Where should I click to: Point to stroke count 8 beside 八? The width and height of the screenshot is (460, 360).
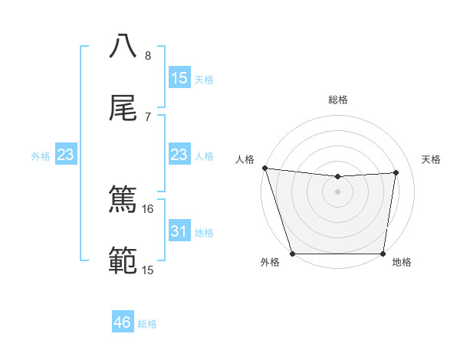(148, 56)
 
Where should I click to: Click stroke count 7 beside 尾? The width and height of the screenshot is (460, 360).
(148, 116)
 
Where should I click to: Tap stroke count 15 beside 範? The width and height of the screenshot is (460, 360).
(148, 270)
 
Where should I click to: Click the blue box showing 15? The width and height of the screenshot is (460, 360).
(179, 78)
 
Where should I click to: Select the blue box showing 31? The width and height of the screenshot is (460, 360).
(179, 231)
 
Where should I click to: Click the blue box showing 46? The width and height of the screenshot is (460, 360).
(122, 322)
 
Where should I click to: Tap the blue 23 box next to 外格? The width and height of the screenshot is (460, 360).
(65, 155)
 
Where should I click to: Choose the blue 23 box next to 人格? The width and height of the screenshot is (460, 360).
(179, 155)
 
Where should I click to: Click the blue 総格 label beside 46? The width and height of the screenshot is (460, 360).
(147, 324)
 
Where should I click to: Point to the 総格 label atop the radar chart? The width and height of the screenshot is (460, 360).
(338, 100)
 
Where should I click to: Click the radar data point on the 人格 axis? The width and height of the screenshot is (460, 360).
(264, 168)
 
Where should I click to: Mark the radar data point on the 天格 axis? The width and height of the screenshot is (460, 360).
(396, 172)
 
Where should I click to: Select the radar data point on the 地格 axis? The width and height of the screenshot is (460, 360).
(383, 254)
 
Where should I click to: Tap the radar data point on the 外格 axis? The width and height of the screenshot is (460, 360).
(292, 254)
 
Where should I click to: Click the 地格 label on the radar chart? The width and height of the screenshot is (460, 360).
(402, 263)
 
